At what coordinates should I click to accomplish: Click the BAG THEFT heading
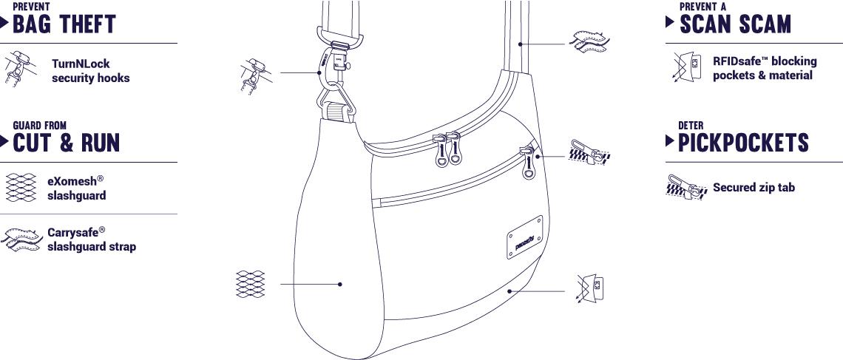pyautogui.click(x=64, y=24)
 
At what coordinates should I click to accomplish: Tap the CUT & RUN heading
pyautogui.click(x=66, y=143)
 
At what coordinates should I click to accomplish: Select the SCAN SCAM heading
pyautogui.click(x=736, y=24)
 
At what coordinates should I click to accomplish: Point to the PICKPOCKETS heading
pyautogui.click(x=743, y=143)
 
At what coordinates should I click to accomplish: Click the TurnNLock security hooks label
pyautogui.click(x=90, y=71)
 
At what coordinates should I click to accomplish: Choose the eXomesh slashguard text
pyautogui.click(x=76, y=188)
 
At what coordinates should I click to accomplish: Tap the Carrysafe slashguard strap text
pyautogui.click(x=92, y=240)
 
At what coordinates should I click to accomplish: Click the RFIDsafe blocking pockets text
pyautogui.click(x=765, y=68)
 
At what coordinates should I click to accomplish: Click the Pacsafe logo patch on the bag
pyautogui.click(x=525, y=237)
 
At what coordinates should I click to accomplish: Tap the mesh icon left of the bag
pyautogui.click(x=250, y=284)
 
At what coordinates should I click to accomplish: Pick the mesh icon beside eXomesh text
pyautogui.click(x=21, y=188)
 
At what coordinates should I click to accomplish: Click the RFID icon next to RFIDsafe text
pyautogui.click(x=687, y=67)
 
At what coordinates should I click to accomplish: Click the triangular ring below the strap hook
pyautogui.click(x=336, y=103)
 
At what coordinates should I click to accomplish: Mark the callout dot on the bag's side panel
pyautogui.click(x=339, y=284)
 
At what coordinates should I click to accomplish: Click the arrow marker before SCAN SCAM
pyautogui.click(x=670, y=21)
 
